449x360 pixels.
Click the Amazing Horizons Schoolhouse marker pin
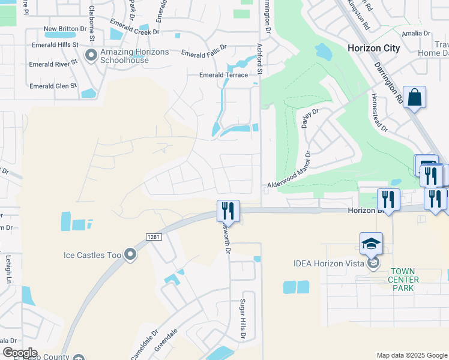coord(91,56)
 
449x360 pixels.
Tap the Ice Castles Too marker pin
coord(130,256)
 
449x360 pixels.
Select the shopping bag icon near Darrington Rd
coord(414,97)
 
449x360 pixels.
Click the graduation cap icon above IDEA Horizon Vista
coord(372,244)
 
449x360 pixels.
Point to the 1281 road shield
coord(154,238)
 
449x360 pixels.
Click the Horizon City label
coord(373,47)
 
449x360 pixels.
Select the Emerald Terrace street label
coord(224,75)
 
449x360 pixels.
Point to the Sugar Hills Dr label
coord(243,319)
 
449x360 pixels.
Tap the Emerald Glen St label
coord(53,86)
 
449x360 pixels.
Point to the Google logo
coord(20,353)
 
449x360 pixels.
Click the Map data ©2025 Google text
coord(411,355)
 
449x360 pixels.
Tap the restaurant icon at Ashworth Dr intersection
coord(228,211)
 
